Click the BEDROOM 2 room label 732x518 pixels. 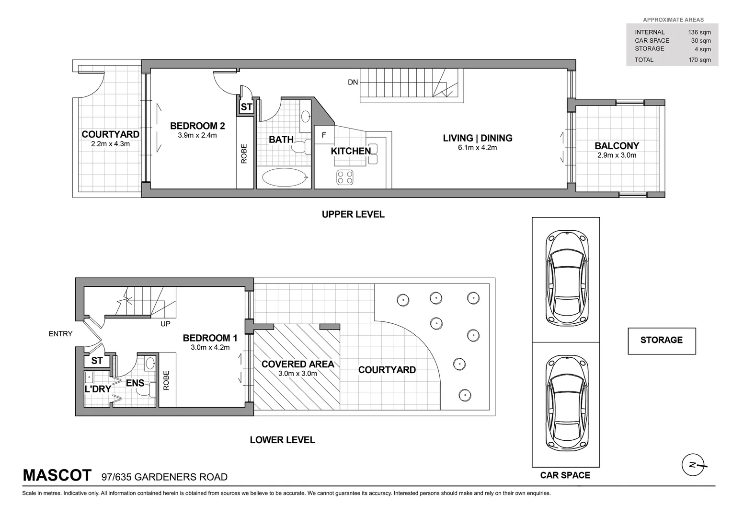click(197, 126)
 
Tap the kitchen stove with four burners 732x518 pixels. click(345, 177)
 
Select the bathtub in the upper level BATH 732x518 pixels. click(285, 177)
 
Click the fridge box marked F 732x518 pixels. click(324, 135)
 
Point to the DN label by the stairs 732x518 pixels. click(353, 82)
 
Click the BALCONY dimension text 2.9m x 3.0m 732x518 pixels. click(617, 155)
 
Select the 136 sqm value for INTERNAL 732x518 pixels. click(699, 33)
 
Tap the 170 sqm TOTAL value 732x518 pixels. click(699, 60)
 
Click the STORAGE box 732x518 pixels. click(662, 341)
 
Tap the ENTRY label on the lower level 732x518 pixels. click(60, 334)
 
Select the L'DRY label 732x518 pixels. click(98, 389)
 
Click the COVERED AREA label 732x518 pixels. click(297, 365)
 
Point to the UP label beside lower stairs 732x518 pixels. click(165, 324)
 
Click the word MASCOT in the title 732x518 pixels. click(57, 475)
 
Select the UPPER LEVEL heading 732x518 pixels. click(353, 214)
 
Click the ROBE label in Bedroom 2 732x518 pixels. click(244, 154)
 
